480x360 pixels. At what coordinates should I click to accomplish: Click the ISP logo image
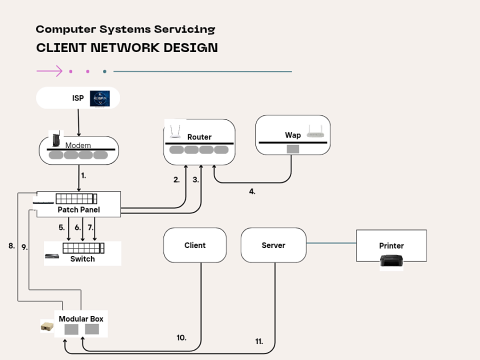99,98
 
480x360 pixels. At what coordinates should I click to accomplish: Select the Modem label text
78,145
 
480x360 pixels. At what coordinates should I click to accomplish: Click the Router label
199,137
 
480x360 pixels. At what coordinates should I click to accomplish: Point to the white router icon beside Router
174,131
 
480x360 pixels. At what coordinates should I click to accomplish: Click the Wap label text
293,135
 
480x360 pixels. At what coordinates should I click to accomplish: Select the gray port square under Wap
292,149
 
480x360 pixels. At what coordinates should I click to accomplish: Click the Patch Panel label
78,210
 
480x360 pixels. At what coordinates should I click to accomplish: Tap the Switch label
82,259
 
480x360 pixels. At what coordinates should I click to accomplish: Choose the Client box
195,245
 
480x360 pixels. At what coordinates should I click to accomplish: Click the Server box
273,245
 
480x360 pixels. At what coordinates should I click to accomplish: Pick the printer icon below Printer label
391,261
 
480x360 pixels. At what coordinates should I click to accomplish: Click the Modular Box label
81,319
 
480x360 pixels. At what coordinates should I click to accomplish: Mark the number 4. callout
252,191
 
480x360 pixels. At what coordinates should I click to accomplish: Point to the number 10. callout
181,338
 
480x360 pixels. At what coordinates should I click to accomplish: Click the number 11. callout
259,341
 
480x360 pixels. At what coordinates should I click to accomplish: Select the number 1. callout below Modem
83,176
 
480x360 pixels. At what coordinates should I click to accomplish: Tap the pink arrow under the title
49,71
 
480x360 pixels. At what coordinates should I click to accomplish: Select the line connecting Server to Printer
331,243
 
